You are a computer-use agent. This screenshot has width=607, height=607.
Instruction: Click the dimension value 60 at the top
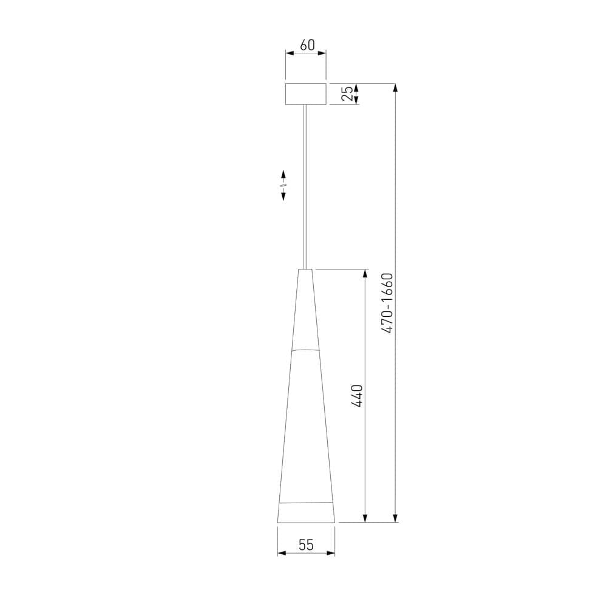(307, 45)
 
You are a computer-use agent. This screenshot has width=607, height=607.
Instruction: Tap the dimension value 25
(347, 93)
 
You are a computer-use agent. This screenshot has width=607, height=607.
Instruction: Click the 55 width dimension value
(306, 545)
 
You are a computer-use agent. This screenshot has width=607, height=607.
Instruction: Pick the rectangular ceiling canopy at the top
(306, 93)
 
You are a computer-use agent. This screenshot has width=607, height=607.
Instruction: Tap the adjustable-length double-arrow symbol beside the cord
(283, 185)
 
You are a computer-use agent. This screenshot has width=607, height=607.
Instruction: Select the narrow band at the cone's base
(306, 513)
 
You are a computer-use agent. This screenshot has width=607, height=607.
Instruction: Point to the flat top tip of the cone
(306, 269)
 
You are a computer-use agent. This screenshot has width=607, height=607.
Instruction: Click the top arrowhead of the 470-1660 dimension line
(396, 87)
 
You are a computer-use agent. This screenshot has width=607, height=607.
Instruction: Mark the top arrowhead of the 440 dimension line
(365, 273)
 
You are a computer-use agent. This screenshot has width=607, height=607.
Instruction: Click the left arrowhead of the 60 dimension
(290, 53)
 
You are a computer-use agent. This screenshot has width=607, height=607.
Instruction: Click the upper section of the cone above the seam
(306, 310)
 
